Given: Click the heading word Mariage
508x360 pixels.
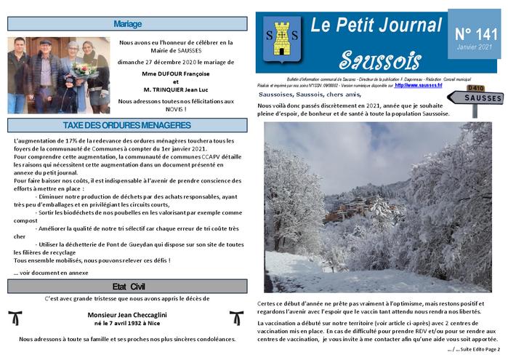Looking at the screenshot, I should tap(128, 24).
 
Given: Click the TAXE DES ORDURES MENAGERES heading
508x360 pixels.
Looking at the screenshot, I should tap(128, 125).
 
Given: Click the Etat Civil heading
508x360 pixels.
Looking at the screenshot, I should tap(128, 285).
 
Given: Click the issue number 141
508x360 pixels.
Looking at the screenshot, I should tap(473, 33).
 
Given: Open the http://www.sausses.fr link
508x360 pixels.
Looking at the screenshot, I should tap(418, 85).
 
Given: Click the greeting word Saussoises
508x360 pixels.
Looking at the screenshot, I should tap(275, 95).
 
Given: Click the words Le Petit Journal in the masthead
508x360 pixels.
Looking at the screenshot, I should tap(376, 25).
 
